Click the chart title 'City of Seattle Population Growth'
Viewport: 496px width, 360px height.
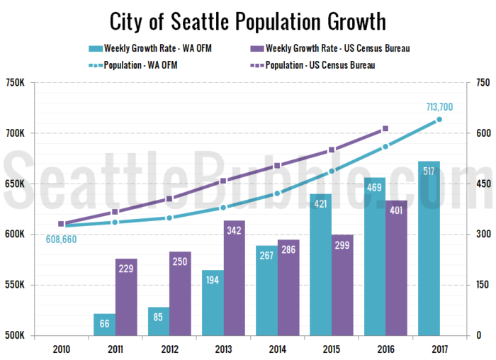pyautogui.click(x=247, y=21)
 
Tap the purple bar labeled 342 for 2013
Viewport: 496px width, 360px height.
pyautogui.click(x=235, y=278)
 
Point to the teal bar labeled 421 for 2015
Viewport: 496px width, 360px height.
pyautogui.click(x=321, y=264)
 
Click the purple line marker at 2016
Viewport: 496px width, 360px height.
pyautogui.click(x=385, y=128)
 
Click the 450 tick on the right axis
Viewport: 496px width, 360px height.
pyautogui.click(x=481, y=184)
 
